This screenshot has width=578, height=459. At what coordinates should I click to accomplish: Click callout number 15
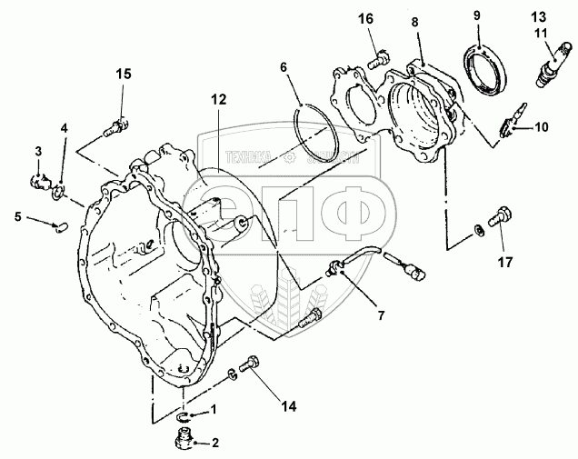[x=123, y=75]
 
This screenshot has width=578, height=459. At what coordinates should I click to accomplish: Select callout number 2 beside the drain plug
[x=214, y=444]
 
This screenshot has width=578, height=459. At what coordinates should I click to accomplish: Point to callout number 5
[x=17, y=215]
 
